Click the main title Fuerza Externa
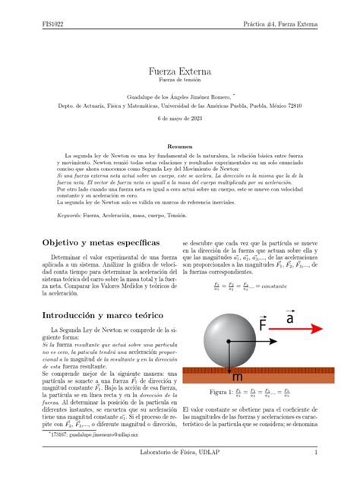(x=180, y=71)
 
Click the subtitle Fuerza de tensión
(x=180, y=81)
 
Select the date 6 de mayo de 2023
(x=180, y=120)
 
